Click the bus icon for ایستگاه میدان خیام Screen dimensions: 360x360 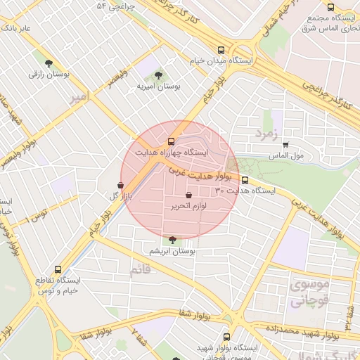pyautogui.click(x=221, y=50)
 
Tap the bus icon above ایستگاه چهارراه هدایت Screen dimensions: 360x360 pyautogui.click(x=172, y=141)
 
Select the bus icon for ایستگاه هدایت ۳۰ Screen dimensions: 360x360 pyautogui.click(x=245, y=180)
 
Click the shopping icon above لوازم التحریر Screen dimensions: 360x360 pyautogui.click(x=188, y=195)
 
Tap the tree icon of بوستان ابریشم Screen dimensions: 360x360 pyautogui.click(x=173, y=240)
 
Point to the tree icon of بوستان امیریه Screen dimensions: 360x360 pyautogui.click(x=158, y=74)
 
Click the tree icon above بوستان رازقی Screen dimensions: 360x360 pyautogui.click(x=49, y=63)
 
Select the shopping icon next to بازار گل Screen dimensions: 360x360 pyautogui.click(x=120, y=186)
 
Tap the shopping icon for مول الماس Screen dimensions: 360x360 pyautogui.click(x=285, y=145)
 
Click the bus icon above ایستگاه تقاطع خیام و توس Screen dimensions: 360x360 pyautogui.click(x=58, y=269)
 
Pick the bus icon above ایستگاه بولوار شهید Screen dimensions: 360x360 pyautogui.click(x=226, y=337)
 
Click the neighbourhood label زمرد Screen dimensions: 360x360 pyautogui.click(x=267, y=132)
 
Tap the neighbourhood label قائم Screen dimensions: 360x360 pyautogui.click(x=140, y=269)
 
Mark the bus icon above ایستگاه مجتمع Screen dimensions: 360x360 pyautogui.click(x=330, y=7)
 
